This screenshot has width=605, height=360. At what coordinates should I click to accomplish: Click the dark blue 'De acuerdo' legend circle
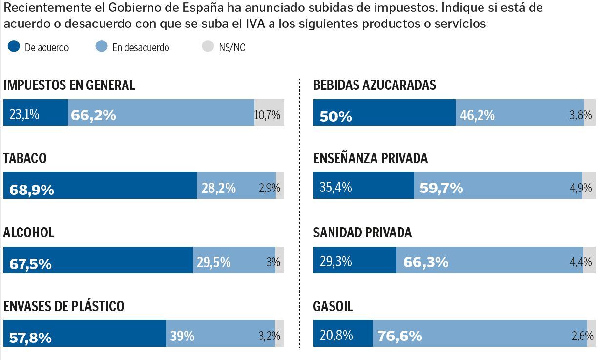click(x=14, y=46)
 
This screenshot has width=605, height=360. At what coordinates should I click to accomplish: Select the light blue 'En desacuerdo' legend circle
click(x=102, y=46)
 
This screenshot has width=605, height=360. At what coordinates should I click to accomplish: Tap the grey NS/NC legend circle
click(x=208, y=46)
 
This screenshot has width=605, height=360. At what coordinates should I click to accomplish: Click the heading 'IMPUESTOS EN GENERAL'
click(x=69, y=85)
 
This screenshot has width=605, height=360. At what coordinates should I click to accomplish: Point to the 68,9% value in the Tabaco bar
click(x=32, y=189)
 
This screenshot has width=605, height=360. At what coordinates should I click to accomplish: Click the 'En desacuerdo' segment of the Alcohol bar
click(x=234, y=260)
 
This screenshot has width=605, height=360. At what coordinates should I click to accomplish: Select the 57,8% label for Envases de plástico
click(x=30, y=337)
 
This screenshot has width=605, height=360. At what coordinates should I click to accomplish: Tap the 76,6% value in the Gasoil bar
click(x=399, y=336)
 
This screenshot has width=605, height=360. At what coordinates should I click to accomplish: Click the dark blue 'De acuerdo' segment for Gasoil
click(x=343, y=334)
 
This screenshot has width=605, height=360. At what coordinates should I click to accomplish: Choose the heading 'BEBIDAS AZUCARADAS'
click(x=375, y=85)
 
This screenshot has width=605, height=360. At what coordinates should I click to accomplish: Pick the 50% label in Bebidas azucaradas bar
click(x=335, y=116)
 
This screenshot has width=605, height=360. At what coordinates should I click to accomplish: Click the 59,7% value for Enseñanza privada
click(x=441, y=188)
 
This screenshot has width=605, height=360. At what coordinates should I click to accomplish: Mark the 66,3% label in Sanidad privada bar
click(x=425, y=262)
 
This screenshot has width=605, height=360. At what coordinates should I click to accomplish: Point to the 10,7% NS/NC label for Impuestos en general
click(x=267, y=115)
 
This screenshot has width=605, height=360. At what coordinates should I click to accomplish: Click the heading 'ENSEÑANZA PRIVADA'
click(x=370, y=158)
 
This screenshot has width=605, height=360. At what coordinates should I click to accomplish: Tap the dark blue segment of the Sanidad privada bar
click(x=355, y=260)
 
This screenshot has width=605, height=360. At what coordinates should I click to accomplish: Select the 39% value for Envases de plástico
click(x=182, y=336)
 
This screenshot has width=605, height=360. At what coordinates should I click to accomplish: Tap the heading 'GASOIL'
click(x=333, y=306)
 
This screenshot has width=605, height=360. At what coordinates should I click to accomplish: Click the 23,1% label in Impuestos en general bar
click(x=24, y=114)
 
